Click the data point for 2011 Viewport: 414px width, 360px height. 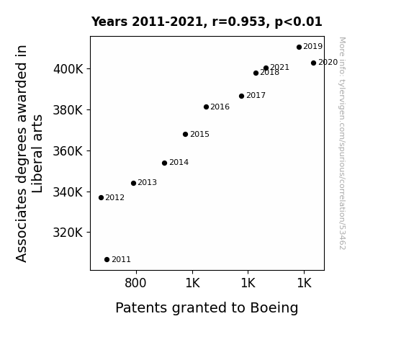click(107, 260)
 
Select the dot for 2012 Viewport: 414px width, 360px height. click(101, 197)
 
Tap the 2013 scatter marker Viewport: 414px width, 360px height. click(134, 184)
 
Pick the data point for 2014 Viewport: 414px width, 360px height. click(164, 163)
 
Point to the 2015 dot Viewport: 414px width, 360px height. click(185, 135)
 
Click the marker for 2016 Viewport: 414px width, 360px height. click(206, 107)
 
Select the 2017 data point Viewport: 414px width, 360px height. click(242, 96)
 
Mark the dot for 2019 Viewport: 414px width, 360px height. click(299, 48)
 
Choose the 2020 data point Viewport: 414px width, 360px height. click(314, 63)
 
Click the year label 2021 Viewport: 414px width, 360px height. click(279, 67)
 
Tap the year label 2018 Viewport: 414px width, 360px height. click(269, 73)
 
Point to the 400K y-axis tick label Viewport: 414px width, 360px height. click(68, 69)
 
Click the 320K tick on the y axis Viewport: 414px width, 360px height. click(68, 233)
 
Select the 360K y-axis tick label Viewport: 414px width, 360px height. click(68, 151)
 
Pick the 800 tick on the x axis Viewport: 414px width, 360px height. click(135, 283)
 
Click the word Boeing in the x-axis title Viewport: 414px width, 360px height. click(274, 308)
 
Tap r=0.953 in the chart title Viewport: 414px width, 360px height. click(239, 22)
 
